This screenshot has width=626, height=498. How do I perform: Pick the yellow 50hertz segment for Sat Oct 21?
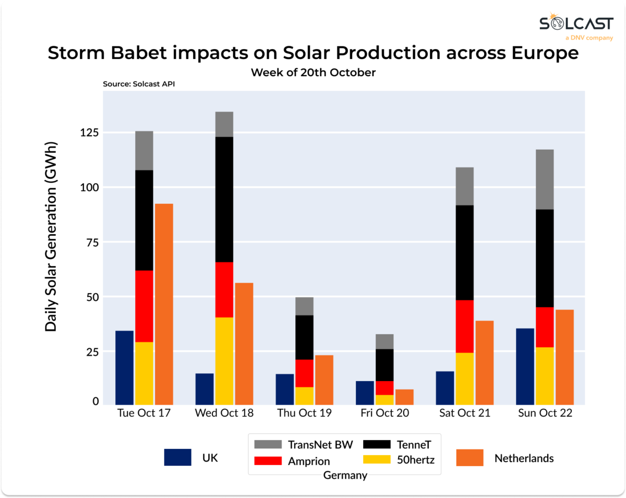click(464, 379)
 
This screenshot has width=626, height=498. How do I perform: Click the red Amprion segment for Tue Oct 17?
click(144, 306)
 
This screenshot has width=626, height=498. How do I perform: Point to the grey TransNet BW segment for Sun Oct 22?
click(545, 179)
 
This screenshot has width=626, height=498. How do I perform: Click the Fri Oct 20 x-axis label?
click(385, 413)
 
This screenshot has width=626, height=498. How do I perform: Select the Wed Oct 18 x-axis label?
click(224, 413)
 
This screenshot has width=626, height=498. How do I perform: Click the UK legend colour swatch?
click(177, 457)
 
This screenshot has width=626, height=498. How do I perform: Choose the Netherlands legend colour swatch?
click(469, 457)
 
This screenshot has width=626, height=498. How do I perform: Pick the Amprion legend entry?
click(292, 461)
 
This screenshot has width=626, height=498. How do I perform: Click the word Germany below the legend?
click(345, 475)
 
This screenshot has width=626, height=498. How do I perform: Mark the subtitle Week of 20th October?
click(313, 72)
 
